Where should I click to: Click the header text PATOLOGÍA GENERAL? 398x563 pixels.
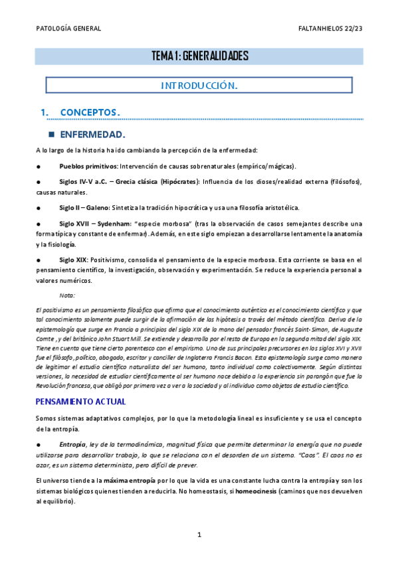[x=68, y=29]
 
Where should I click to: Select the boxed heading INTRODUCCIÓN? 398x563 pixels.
[x=199, y=86]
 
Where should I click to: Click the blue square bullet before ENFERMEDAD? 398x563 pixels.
[x=50, y=134]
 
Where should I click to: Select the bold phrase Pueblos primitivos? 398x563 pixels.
[x=88, y=166]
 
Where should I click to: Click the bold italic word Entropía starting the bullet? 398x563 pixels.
[x=72, y=443]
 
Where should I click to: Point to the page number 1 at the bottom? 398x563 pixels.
[x=199, y=535]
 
